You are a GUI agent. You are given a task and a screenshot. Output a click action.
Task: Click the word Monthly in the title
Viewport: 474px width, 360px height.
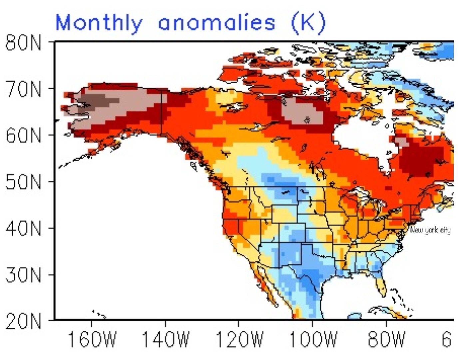pos(99,23)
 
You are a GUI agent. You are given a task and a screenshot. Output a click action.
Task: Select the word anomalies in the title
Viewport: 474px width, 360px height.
pos(217,23)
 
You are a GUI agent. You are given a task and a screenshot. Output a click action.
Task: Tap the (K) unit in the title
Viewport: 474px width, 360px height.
pos(308,23)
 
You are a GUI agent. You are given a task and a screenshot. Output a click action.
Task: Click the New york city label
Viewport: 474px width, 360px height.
pos(430,230)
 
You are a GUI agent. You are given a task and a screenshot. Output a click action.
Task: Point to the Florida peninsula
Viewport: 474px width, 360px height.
pos(382,287)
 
